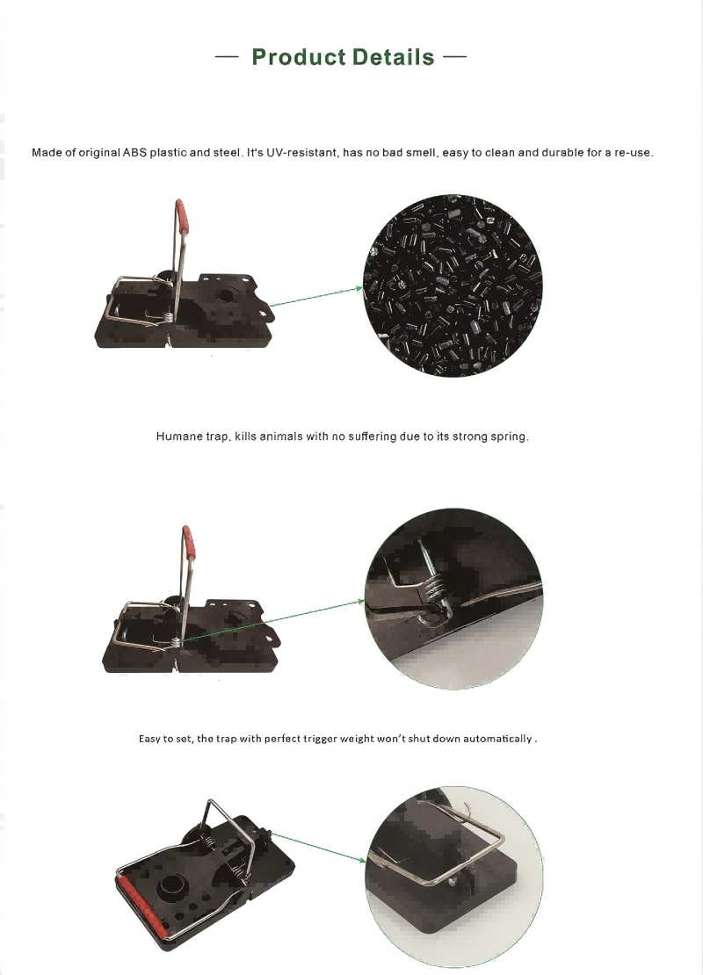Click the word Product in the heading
[x=299, y=56]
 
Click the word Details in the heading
[x=393, y=56]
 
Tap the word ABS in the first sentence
[x=134, y=152]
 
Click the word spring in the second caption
[x=509, y=437]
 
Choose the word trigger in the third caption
[x=320, y=739]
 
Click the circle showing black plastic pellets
[x=453, y=285]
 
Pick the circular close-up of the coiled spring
[x=453, y=599]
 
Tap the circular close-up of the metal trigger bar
[x=454, y=877]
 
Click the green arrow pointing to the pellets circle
[x=316, y=296]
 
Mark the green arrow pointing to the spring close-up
[x=274, y=620]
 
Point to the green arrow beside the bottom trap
[x=318, y=847]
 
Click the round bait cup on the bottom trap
[x=172, y=888]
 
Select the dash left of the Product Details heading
[x=227, y=56]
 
